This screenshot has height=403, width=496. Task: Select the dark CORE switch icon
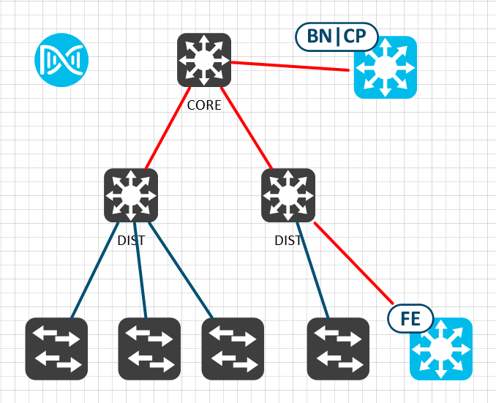[204, 60]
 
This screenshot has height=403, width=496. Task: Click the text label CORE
[204, 105]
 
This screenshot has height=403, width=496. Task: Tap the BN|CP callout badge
[337, 35]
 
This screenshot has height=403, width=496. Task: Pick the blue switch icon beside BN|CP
[386, 67]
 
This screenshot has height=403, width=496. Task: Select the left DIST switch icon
[131, 195]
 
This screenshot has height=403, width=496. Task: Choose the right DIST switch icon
[288, 195]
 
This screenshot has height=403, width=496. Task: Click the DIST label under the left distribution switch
[131, 240]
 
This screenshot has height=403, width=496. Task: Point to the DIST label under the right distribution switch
[288, 240]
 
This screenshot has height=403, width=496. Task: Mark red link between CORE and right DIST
[247, 128]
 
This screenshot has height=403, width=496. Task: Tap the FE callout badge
[411, 319]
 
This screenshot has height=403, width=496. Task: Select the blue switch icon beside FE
[441, 349]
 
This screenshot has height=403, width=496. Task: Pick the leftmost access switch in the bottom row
[56, 349]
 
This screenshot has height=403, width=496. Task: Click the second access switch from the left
[149, 349]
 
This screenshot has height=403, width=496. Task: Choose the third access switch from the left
[233, 349]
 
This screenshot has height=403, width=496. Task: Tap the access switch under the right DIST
[338, 349]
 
